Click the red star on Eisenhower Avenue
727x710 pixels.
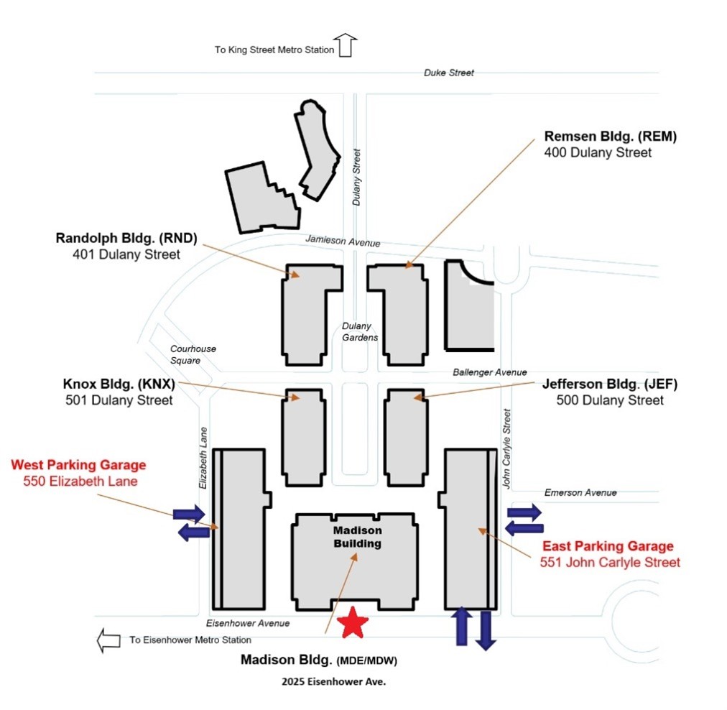click(353, 622)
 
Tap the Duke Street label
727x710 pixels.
click(449, 73)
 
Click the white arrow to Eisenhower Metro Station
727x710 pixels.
click(109, 640)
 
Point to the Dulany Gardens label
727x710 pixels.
click(359, 331)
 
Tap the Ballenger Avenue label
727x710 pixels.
click(490, 372)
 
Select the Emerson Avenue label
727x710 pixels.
click(580, 492)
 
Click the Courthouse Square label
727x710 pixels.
click(193, 354)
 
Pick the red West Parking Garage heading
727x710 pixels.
click(78, 465)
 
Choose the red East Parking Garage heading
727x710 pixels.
click(608, 546)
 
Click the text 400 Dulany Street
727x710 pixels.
click(598, 152)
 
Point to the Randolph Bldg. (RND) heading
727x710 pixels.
click(126, 239)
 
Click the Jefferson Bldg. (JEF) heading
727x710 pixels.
click(610, 384)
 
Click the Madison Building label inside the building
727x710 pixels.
click(357, 537)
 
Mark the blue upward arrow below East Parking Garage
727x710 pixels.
click(460, 626)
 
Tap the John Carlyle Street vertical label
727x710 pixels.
click(506, 449)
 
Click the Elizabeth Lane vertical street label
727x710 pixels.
click(203, 458)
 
